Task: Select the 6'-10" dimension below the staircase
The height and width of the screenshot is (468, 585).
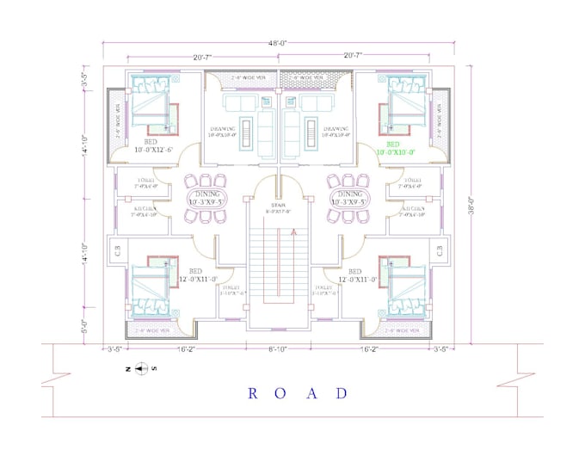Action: (x=277, y=348)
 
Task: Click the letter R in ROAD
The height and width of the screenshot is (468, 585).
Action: (x=253, y=393)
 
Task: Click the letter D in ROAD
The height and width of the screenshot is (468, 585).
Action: (x=342, y=393)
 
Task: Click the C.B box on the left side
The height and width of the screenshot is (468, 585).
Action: (x=117, y=250)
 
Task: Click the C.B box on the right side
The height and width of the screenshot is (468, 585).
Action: (x=438, y=250)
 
